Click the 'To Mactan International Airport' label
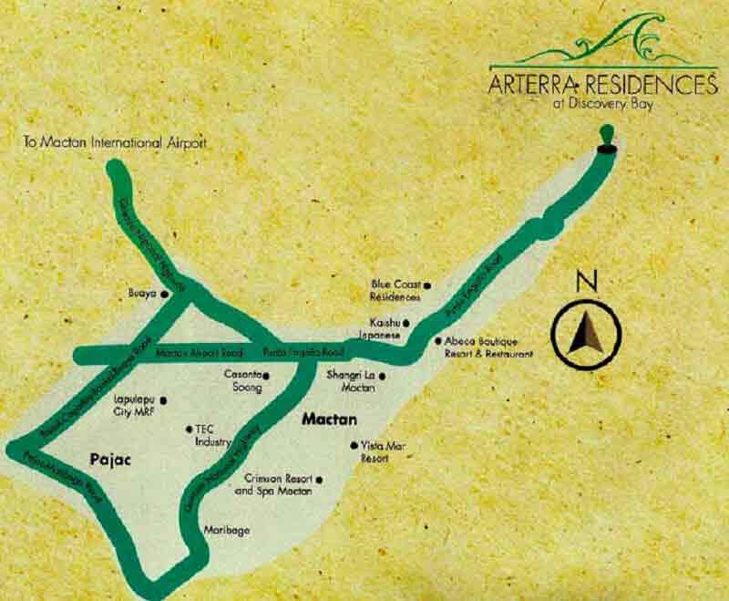coord(114,143)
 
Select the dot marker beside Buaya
coord(165,295)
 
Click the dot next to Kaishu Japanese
coord(407,323)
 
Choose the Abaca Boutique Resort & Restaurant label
coord(484,346)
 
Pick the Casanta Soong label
coord(243,381)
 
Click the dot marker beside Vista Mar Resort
coord(354,445)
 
